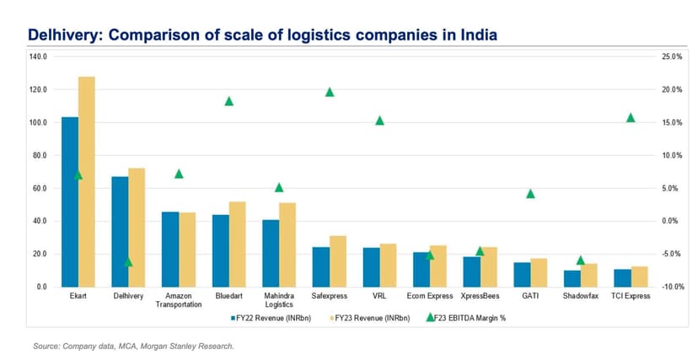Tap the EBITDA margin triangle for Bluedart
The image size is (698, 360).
228,101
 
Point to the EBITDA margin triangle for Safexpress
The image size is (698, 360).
330,92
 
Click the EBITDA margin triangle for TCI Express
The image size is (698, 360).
631,117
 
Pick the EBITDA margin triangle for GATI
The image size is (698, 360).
530,193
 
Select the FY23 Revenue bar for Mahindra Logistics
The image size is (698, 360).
287,244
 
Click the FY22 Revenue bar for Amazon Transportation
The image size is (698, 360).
170,249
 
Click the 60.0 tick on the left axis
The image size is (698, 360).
39,188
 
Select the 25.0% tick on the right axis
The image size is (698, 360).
648,56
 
